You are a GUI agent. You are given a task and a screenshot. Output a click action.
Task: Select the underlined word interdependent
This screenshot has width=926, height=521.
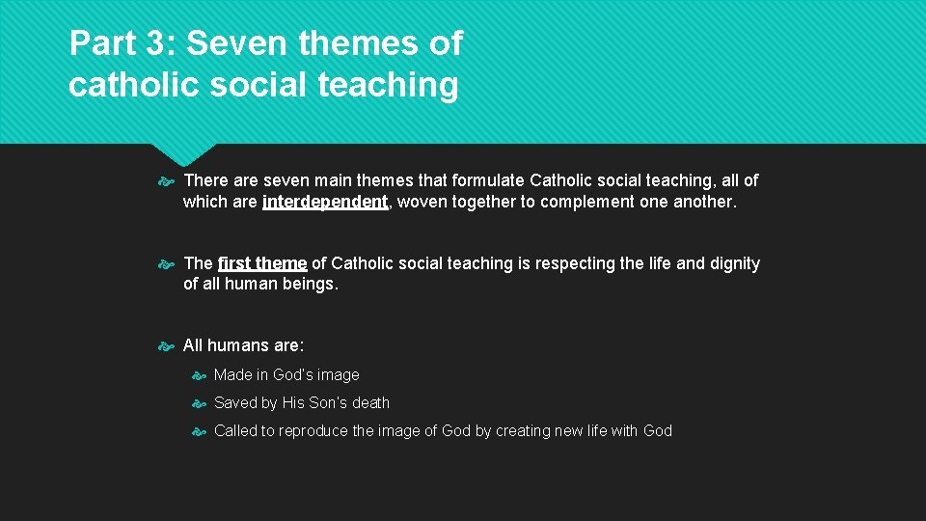(x=324, y=202)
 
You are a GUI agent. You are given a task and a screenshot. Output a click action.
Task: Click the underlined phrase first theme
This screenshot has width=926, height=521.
(x=262, y=263)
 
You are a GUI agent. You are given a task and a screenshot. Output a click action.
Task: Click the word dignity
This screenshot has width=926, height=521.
(x=734, y=263)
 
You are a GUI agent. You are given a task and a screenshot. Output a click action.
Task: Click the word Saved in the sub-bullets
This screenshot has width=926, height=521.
(x=235, y=402)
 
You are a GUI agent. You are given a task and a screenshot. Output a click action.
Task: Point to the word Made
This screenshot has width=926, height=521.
(x=232, y=374)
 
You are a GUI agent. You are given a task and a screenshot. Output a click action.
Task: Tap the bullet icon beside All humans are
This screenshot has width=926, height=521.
(x=167, y=345)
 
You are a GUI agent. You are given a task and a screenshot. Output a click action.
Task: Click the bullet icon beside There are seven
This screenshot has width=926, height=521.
(x=167, y=180)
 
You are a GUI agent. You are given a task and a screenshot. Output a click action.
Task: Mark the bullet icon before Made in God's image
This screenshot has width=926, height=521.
(x=198, y=375)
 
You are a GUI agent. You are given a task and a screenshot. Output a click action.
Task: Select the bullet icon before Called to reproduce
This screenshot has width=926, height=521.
(x=198, y=431)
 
